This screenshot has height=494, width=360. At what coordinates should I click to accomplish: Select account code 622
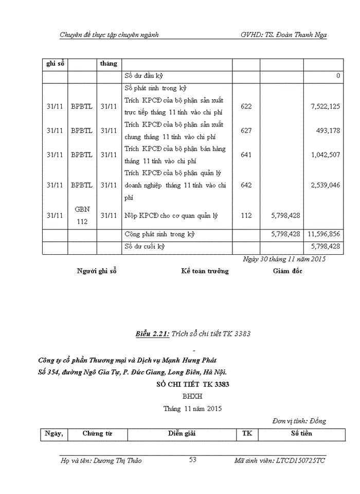coord(246,106)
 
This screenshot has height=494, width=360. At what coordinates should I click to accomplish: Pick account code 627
coord(246,131)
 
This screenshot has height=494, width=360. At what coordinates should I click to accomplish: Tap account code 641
coord(246,155)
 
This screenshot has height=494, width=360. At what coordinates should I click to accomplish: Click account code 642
coord(246,185)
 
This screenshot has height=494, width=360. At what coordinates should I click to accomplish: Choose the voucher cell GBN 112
coord(82,216)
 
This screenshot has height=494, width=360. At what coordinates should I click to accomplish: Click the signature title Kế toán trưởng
coord(204,271)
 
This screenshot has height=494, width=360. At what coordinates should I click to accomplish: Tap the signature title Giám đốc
coord(287,271)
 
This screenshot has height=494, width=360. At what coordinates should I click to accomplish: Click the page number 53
coord(192,460)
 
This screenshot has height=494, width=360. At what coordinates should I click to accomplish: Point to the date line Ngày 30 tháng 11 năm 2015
coord(284,259)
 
